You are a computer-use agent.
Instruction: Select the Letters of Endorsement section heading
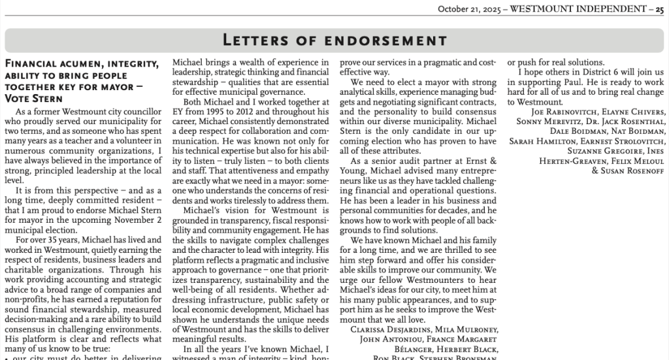pyautogui.click(x=334, y=41)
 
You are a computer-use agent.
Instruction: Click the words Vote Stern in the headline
pyautogui.click(x=33, y=99)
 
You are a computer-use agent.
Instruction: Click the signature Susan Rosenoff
pyautogui.click(x=631, y=171)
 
